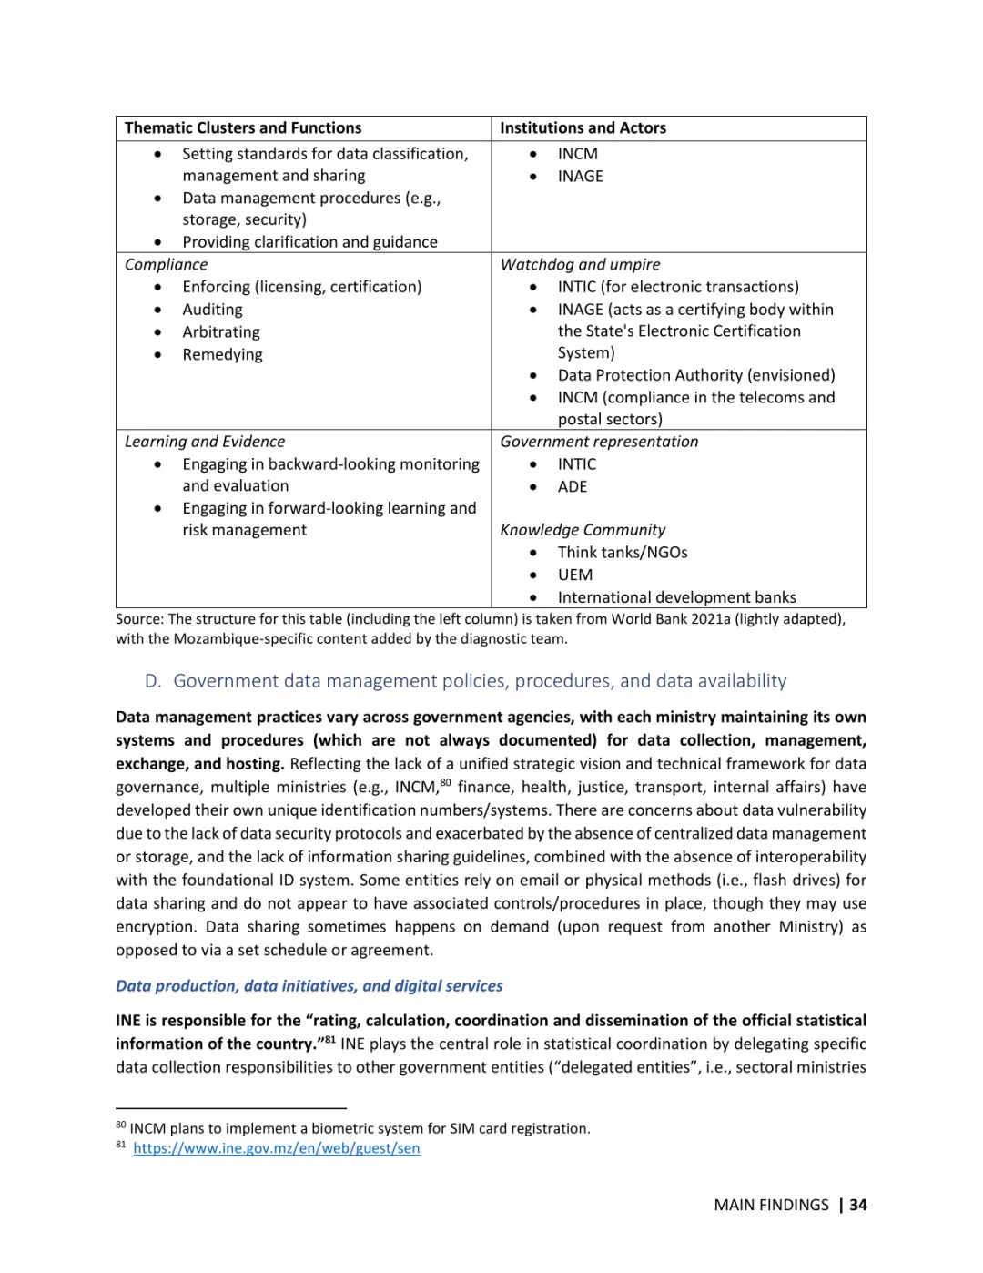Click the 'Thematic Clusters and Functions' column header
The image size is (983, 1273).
tap(243, 128)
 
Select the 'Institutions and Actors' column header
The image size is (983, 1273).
tap(583, 128)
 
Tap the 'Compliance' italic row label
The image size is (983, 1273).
tap(166, 265)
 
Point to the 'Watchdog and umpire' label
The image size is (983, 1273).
tap(580, 265)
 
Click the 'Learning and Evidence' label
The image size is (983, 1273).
tap(205, 442)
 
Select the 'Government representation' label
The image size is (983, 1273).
tap(599, 442)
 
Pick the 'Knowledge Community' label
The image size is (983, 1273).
tap(583, 530)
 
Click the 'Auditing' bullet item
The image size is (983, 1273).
tap(212, 310)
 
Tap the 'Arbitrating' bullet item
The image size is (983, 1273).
tap(221, 332)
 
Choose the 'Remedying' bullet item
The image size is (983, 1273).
tap(222, 354)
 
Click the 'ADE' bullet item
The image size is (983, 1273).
tap(573, 486)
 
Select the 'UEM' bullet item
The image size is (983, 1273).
tap(575, 575)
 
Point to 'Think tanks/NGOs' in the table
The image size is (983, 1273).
tap(623, 553)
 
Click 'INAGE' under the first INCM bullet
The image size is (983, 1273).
tap(581, 177)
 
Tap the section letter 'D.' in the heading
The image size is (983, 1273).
tap(153, 681)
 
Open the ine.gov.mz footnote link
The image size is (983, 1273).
tap(277, 1148)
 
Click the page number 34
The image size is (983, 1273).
tap(858, 1205)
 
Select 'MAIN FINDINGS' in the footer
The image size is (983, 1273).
tap(771, 1205)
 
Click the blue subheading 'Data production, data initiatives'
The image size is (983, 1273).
tap(309, 986)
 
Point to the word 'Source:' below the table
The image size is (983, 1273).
tap(139, 619)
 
